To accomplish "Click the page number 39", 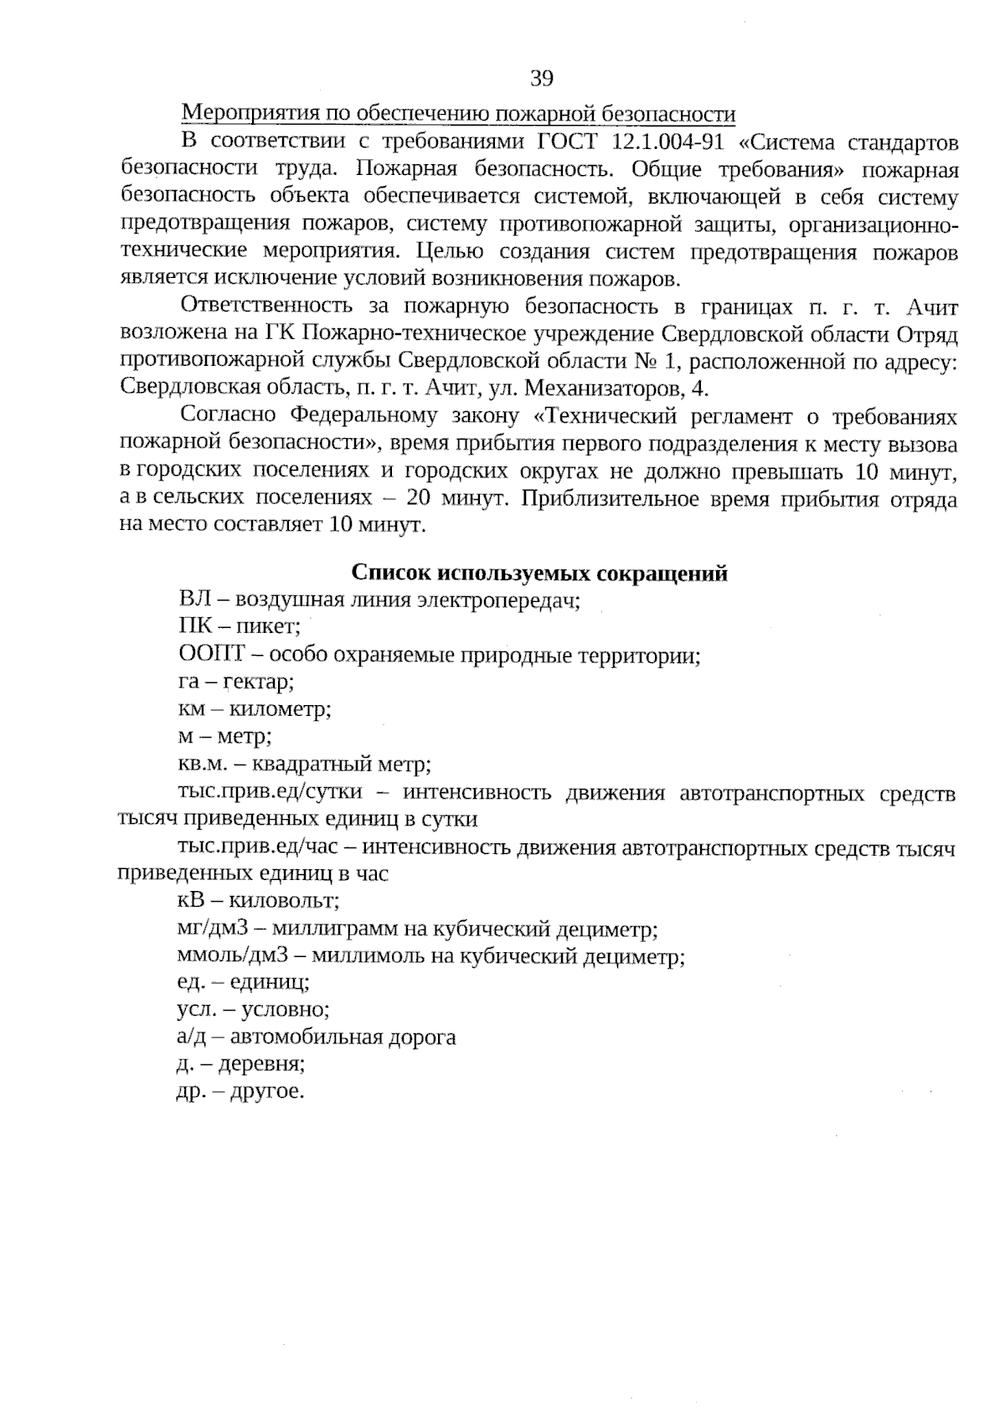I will pyautogui.click(x=541, y=79).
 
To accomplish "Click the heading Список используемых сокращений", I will pyautogui.click(x=539, y=573).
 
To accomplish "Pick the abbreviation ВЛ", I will pyautogui.click(x=193, y=600).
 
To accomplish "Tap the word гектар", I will pyautogui.click(x=257, y=682).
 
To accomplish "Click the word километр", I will pyautogui.click(x=281, y=709).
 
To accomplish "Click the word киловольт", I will pyautogui.click(x=284, y=902).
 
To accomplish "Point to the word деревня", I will pyautogui.click(x=260, y=1065).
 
